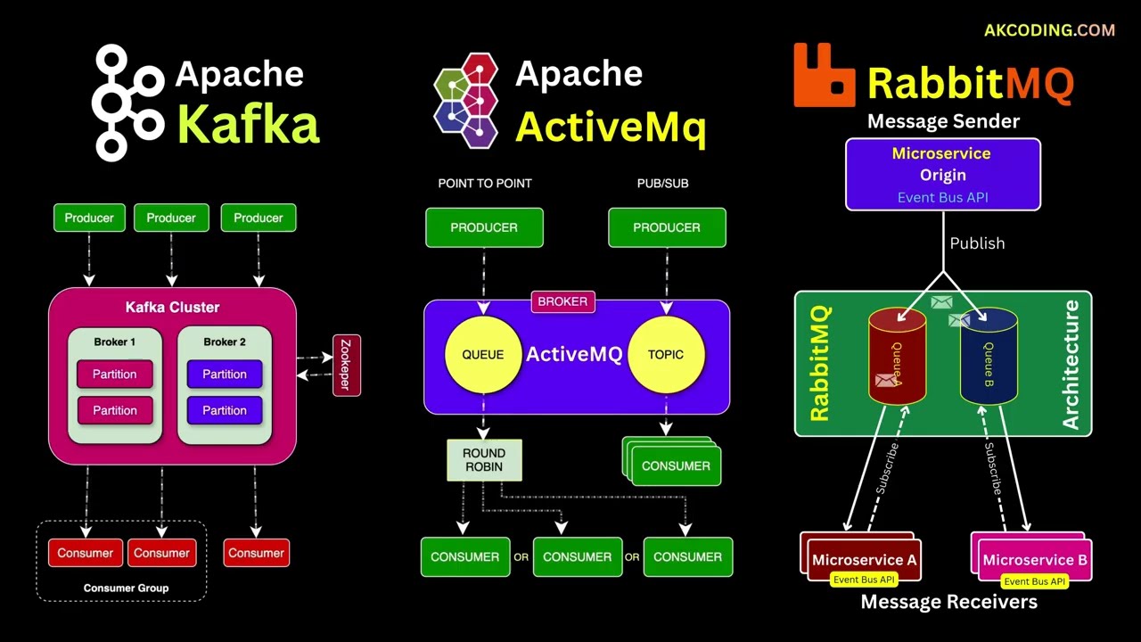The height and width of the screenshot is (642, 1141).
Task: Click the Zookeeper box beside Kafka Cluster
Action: coord(347,365)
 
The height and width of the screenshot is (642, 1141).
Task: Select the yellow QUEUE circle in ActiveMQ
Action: coord(483,354)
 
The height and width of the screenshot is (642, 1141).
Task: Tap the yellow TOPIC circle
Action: coord(666,354)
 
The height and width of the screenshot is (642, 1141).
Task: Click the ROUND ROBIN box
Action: coord(484,460)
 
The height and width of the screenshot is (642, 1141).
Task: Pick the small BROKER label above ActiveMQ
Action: coord(562,301)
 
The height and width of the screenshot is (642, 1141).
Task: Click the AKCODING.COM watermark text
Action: coord(1049,30)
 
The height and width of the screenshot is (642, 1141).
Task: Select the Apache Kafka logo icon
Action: coord(127,103)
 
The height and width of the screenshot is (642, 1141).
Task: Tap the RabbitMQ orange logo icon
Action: coord(825,76)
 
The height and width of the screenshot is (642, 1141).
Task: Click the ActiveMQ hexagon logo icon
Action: coord(466,100)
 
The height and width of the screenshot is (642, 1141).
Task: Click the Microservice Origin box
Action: coord(942,174)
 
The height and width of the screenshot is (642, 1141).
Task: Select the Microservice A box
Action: coord(864,560)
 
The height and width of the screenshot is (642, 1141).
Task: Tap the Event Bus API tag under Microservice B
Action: coord(1034,581)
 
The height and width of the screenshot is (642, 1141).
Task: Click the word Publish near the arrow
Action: coord(977,243)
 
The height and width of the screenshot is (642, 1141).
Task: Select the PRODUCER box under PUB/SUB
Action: coord(667,227)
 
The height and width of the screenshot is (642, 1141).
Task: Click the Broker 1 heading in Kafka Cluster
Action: coord(115,342)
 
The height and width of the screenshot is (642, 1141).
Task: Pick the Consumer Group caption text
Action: coord(126,588)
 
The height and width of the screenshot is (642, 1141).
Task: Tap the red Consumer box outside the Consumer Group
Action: coord(256,553)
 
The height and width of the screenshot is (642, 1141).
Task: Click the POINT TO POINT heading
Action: coord(484,183)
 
